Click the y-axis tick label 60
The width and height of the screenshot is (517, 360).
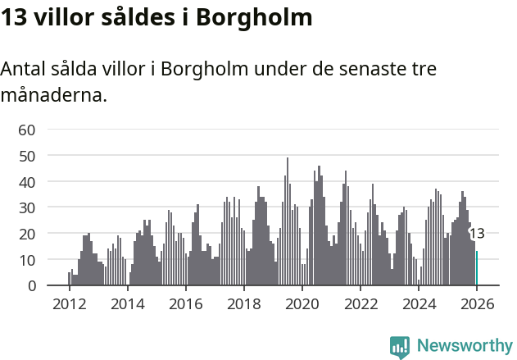(x=27, y=130)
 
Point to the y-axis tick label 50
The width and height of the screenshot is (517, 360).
(x=27, y=156)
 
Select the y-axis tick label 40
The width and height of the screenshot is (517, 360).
(x=27, y=181)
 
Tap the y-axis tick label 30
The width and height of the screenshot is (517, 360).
(x=27, y=207)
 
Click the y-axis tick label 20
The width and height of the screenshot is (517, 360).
(x=27, y=234)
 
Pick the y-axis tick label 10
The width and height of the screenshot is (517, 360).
(x=27, y=260)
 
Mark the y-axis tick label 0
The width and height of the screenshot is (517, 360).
(x=31, y=286)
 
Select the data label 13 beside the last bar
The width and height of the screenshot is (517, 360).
(x=476, y=234)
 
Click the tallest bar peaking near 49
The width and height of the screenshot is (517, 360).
(x=288, y=221)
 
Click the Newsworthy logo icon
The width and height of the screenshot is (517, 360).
(x=400, y=347)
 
